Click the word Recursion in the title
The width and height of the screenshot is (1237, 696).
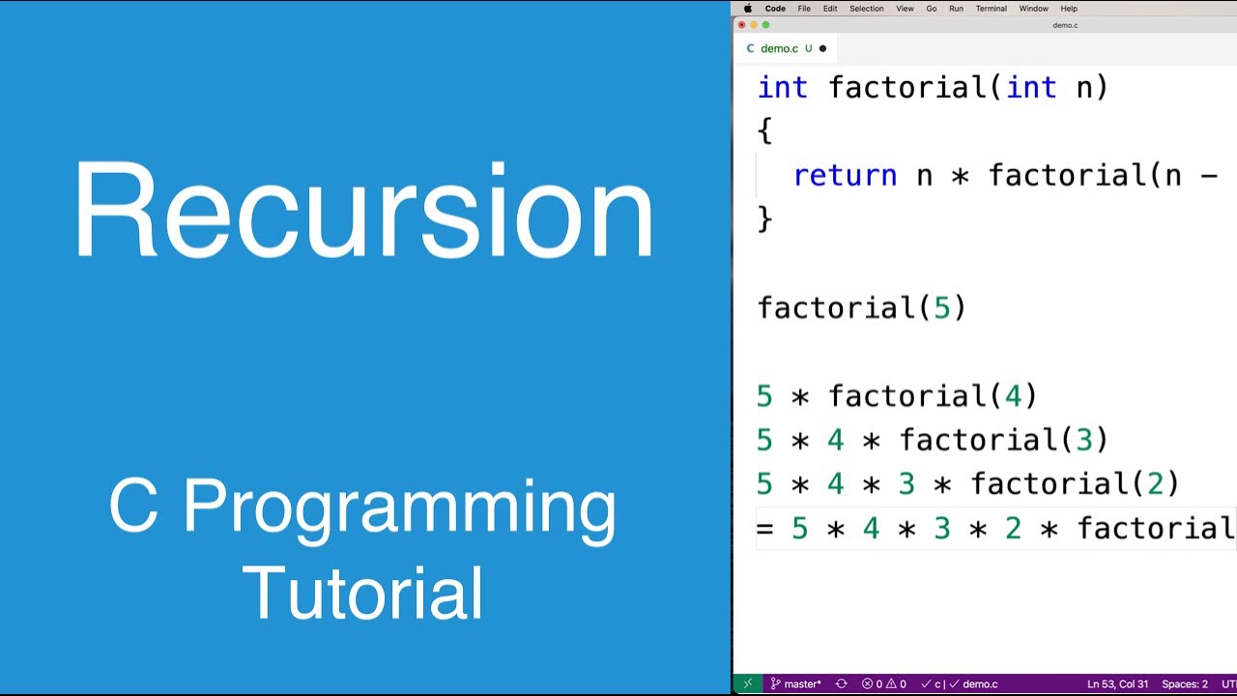coord(363,210)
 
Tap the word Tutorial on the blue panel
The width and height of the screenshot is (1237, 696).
coord(363,593)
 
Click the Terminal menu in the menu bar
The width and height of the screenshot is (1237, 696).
coord(991,9)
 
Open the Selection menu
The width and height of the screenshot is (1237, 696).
coord(866,9)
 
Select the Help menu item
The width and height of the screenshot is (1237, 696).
coord(1069,9)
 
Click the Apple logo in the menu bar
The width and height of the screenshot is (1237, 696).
coord(747,9)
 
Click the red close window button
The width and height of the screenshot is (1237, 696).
coord(742,25)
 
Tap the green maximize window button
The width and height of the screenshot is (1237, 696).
coord(766,25)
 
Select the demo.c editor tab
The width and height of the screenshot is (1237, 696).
coord(779,48)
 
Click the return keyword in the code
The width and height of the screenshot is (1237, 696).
coord(845,176)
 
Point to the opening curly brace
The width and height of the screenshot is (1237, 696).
coord(765,130)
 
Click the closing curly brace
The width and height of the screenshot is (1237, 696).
coord(765,219)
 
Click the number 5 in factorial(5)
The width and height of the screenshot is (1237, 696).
coord(941,308)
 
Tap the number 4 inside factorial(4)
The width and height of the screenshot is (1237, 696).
coord(1013,396)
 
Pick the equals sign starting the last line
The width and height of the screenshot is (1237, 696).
coord(765,529)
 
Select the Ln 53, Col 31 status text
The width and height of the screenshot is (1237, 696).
coord(1117,684)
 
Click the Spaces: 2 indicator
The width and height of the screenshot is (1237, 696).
coord(1184,684)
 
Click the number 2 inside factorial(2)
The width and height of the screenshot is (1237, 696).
coord(1155,484)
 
